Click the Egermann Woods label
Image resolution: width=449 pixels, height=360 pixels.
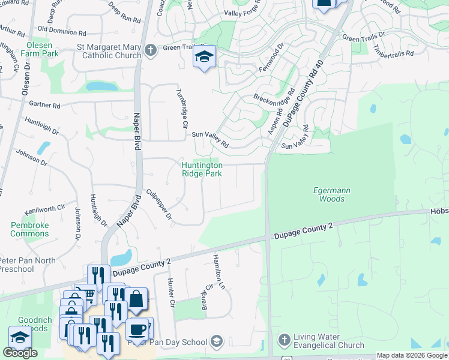coord(332,194)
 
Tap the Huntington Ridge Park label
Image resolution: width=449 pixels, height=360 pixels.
coord(202,169)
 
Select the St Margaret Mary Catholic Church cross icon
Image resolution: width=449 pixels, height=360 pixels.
coord(150,50)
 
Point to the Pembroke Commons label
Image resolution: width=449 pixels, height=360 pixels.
coord(29,229)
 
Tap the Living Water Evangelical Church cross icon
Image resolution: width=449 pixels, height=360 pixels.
coord(284,340)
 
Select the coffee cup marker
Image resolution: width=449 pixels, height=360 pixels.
coord(138,331)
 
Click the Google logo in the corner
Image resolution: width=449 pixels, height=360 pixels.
coord(20,353)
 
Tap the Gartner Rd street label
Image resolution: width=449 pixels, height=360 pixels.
coord(44,105)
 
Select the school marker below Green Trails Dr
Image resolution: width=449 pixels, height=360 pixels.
coord(204,57)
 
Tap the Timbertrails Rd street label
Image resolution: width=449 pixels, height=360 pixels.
coord(393,53)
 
